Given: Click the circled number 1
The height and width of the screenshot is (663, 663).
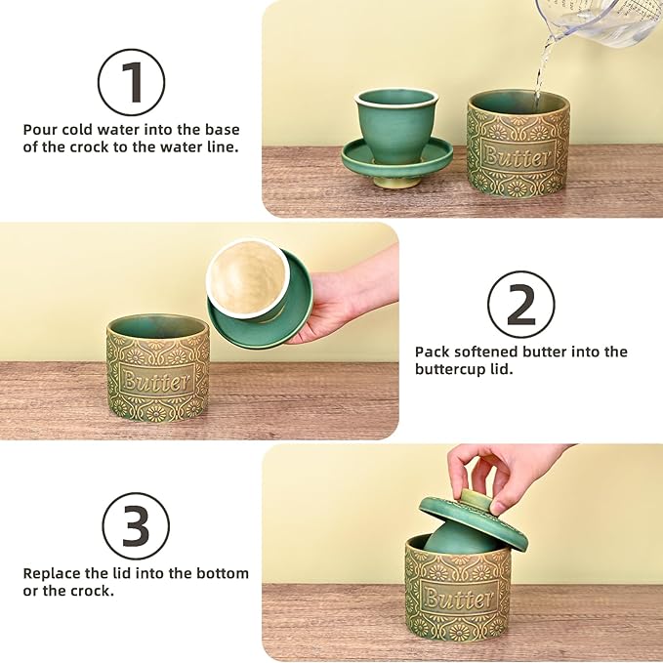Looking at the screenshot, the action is click(x=132, y=82).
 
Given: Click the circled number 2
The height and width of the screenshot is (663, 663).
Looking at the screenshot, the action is click(x=521, y=304).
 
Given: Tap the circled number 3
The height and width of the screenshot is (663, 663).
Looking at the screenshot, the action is click(x=136, y=526).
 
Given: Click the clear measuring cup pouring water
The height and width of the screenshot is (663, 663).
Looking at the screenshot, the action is click(x=599, y=22).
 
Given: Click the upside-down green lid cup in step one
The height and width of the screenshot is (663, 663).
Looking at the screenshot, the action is click(x=396, y=139).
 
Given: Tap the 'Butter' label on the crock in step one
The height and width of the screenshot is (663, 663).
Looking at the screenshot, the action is click(x=518, y=156).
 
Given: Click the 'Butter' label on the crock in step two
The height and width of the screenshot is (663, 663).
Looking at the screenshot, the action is click(x=156, y=382).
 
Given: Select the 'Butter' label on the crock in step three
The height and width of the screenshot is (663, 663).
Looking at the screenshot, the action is click(x=458, y=599).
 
